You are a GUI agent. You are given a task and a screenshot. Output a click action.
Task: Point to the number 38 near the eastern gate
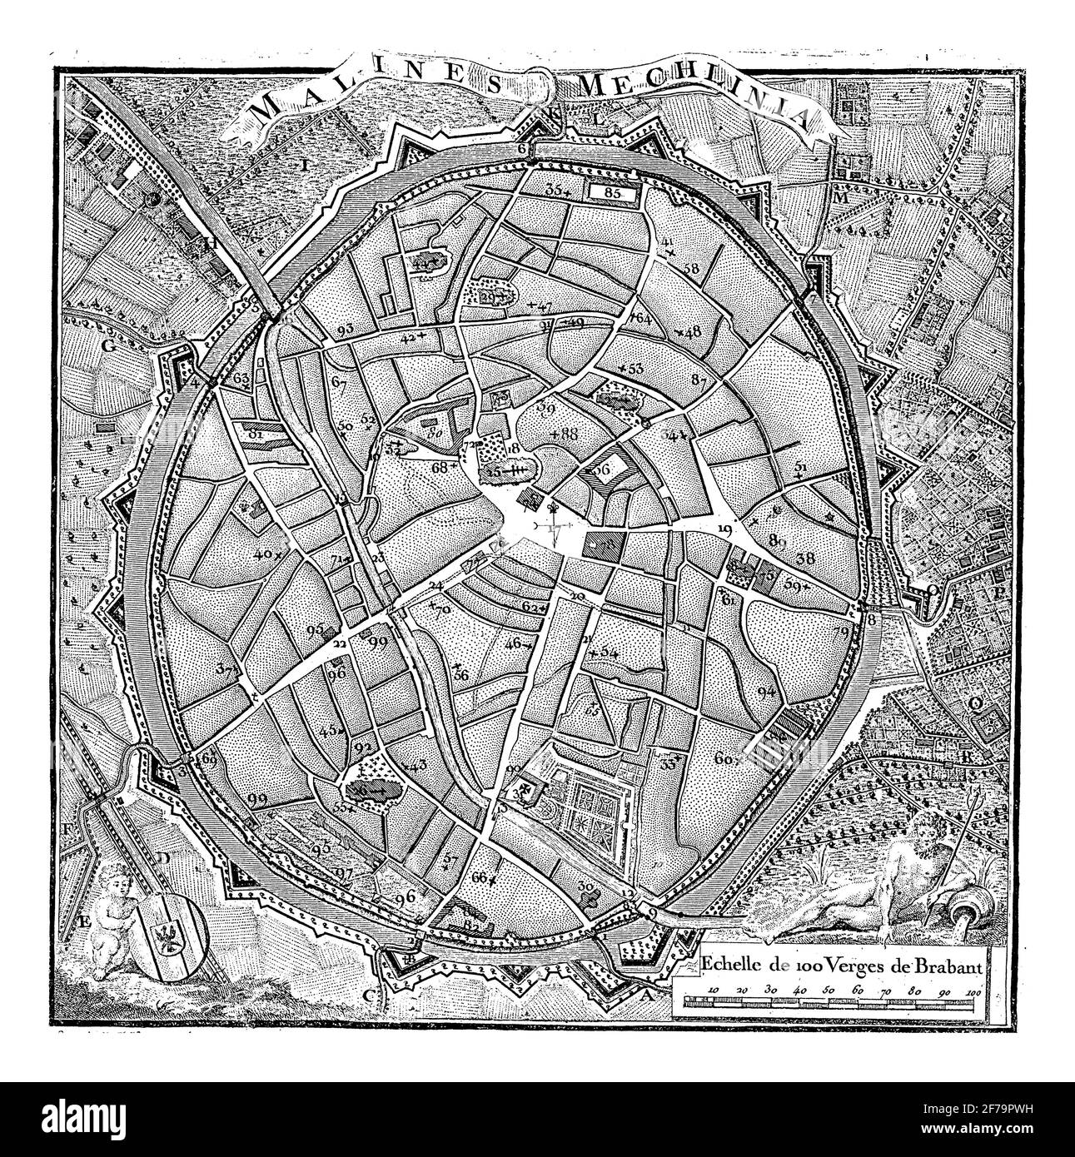(805, 559)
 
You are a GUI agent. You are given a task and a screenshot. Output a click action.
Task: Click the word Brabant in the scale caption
(949, 966)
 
